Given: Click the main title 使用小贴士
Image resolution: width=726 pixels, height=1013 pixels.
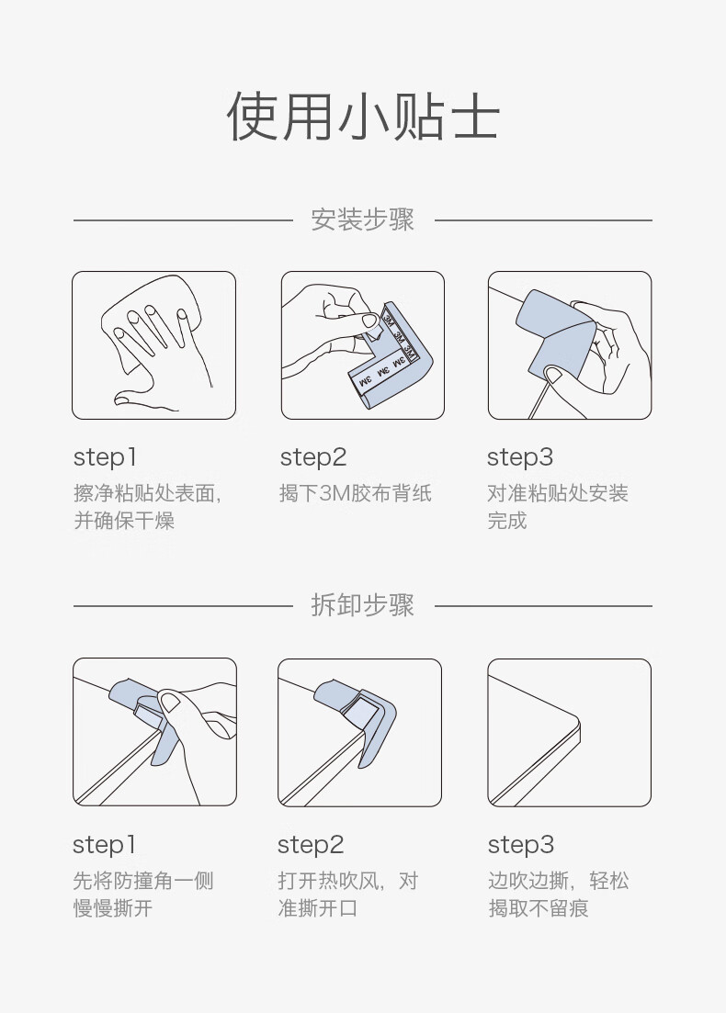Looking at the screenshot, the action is point(363,117).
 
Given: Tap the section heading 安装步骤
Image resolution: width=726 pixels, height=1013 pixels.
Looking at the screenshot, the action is point(363,219).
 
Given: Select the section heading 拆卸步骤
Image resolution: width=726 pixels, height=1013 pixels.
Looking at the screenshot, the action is point(363,605).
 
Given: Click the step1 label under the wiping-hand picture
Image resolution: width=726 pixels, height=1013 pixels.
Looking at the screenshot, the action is point(105,457).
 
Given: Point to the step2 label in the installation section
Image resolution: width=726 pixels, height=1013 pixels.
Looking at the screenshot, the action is point(312,457).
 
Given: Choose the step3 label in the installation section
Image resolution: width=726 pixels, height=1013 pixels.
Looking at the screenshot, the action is point(520,457).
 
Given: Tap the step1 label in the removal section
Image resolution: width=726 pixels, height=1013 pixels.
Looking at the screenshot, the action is point(104,844).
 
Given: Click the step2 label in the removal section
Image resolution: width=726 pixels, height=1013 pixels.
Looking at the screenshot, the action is point(311,844).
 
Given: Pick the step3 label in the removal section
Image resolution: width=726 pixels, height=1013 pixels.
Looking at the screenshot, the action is point(520,844).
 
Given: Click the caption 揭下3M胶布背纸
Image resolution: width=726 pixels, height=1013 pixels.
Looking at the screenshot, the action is point(355,493).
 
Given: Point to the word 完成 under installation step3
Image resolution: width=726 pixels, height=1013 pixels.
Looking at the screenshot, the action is point(507,520).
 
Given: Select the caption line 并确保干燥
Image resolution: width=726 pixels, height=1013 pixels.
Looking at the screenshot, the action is point(124,520).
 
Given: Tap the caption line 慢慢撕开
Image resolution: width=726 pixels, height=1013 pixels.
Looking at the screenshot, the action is point(113,907).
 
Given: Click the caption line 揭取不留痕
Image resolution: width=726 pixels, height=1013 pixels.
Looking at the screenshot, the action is point(539,907).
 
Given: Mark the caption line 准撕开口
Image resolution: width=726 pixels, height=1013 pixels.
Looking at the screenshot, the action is point(317,907).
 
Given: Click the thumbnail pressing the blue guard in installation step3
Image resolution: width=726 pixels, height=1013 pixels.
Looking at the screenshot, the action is point(554,374).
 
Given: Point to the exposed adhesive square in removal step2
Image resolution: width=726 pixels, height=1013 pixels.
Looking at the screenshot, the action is point(363,715).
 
